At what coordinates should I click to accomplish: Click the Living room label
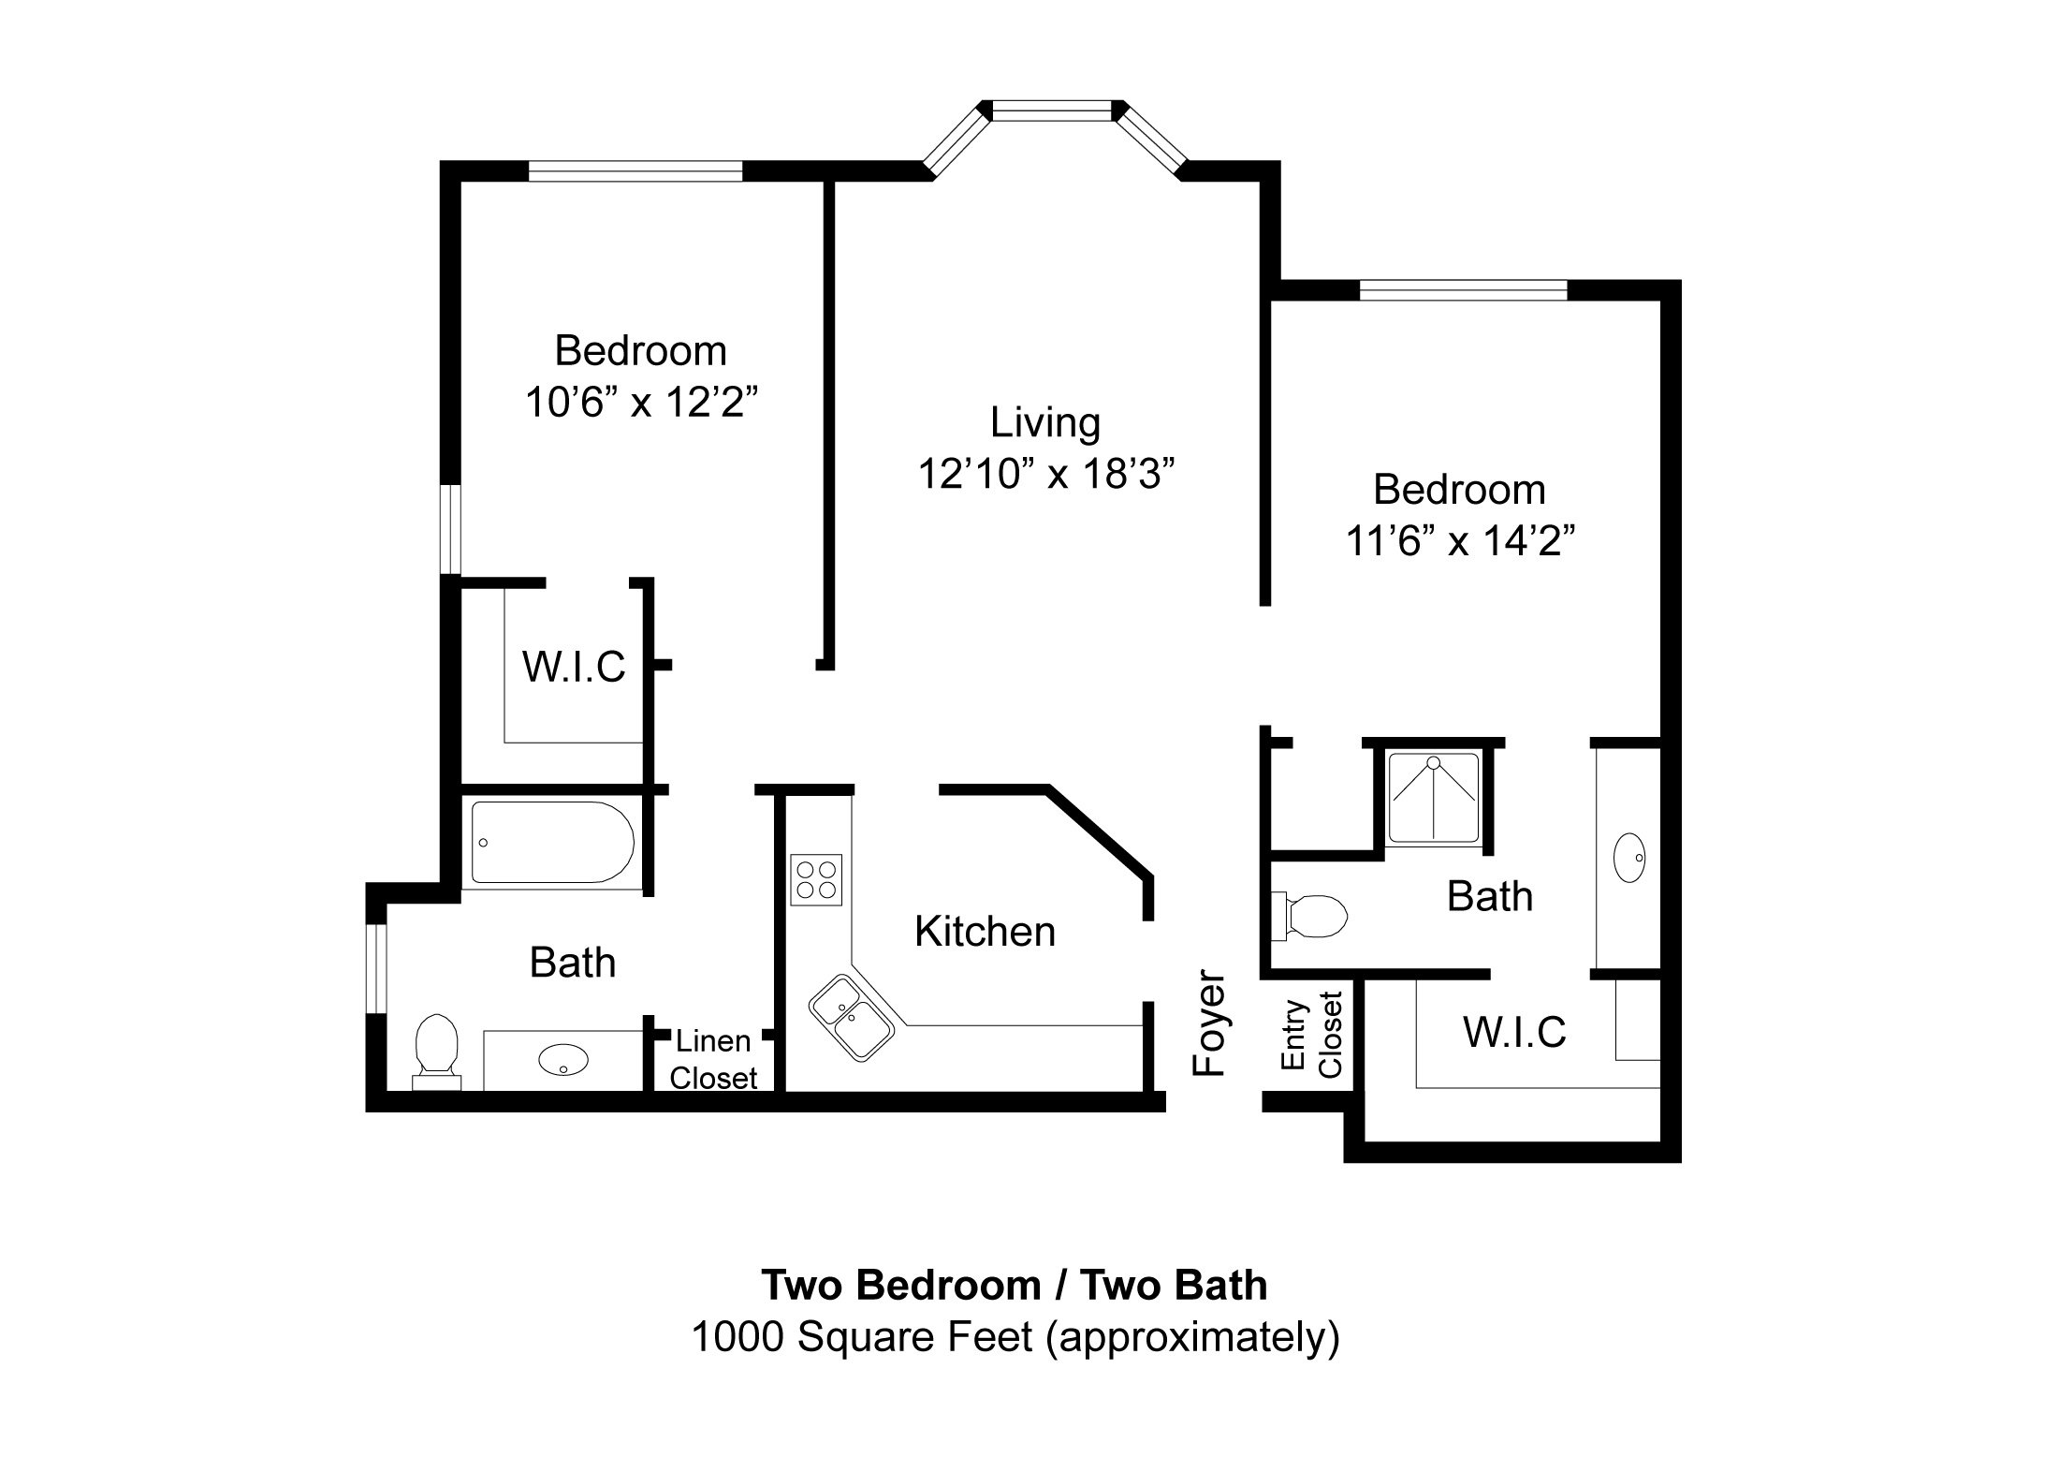pyautogui.click(x=1045, y=423)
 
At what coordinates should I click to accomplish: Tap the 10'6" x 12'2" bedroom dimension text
pyautogui.click(x=641, y=404)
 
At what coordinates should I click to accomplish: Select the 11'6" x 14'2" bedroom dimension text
pyautogui.click(x=1459, y=541)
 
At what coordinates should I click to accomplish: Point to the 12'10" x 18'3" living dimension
pyautogui.click(x=1045, y=475)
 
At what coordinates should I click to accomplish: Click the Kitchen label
pyautogui.click(x=985, y=932)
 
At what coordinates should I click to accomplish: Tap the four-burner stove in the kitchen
pyautogui.click(x=816, y=879)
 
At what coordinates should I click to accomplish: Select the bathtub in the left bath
pyautogui.click(x=552, y=842)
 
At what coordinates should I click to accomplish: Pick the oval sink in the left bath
pyautogui.click(x=563, y=1061)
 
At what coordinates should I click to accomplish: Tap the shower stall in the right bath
pyautogui.click(x=1433, y=797)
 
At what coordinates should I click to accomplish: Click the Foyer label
pyautogui.click(x=1209, y=1023)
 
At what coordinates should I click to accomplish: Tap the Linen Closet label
pyautogui.click(x=713, y=1059)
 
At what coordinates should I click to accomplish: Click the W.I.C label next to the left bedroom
pyautogui.click(x=574, y=667)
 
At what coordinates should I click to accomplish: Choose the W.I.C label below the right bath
pyautogui.click(x=1514, y=1032)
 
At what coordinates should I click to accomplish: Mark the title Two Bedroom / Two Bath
pyautogui.click(x=1015, y=1286)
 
